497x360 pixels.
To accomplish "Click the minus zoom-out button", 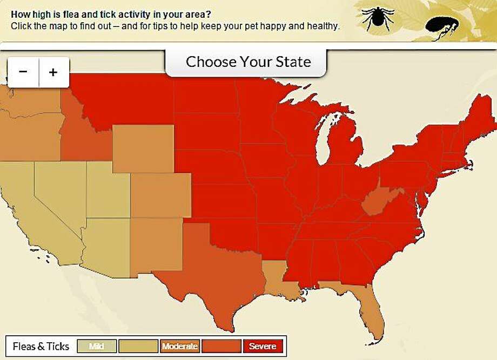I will (x=23, y=72).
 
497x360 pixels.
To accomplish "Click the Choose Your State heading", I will (x=248, y=62).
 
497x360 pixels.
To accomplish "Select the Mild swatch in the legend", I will (x=96, y=346).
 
